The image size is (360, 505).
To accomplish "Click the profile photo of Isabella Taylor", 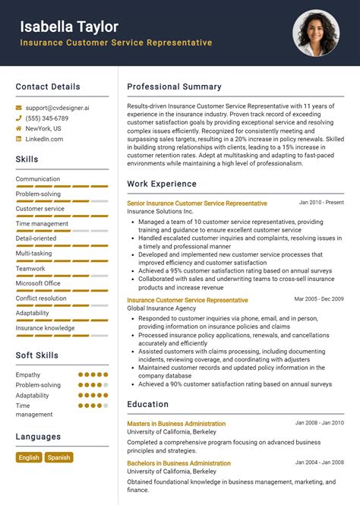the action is point(315,33).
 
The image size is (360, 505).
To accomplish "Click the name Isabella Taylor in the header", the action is point(69,27).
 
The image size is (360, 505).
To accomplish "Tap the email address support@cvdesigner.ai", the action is point(57,108).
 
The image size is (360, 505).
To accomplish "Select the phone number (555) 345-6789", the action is point(47,118).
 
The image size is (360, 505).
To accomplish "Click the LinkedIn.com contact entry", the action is point(44,139).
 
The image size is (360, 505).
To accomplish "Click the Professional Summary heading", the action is point(174,87).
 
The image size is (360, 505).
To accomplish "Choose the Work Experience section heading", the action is point(162,184).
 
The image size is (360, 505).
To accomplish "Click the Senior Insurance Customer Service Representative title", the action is point(197,204).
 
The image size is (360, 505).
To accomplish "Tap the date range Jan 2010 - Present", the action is point(321,203).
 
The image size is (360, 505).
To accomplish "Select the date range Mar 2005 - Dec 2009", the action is point(319,299).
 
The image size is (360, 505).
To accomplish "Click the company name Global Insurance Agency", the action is point(162,309).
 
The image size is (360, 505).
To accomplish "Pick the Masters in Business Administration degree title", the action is point(176,424).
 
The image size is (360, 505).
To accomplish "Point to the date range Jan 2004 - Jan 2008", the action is point(319,462).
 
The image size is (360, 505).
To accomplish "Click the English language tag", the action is point(29,457).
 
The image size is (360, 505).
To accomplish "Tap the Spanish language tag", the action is point(58,457).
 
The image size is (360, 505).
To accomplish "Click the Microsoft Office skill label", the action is point(38,283).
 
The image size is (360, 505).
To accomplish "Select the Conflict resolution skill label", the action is point(41,298).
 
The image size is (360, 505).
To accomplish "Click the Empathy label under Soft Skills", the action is point(28,374).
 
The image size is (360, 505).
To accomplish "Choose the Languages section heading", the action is point(38,437).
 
